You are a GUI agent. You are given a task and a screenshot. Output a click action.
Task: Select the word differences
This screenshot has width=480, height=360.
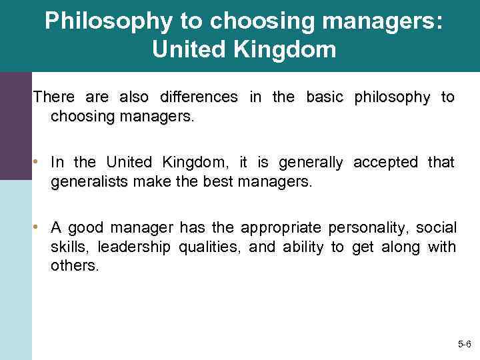tap(199, 97)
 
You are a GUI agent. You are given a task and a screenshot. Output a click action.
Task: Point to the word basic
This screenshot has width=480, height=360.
tap(324, 97)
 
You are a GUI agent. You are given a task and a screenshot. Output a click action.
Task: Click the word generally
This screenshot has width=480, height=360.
tap(311, 162)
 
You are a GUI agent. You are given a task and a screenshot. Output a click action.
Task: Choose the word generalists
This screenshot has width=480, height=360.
tap(89, 181)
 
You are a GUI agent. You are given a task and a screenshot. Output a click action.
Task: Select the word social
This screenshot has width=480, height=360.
tap(435, 227)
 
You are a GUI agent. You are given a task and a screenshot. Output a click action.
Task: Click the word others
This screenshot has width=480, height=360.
tap(74, 266)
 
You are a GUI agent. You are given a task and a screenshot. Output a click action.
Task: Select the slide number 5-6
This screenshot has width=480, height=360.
tap(464, 345)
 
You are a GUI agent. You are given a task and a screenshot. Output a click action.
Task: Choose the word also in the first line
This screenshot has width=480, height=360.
tap(133, 97)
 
